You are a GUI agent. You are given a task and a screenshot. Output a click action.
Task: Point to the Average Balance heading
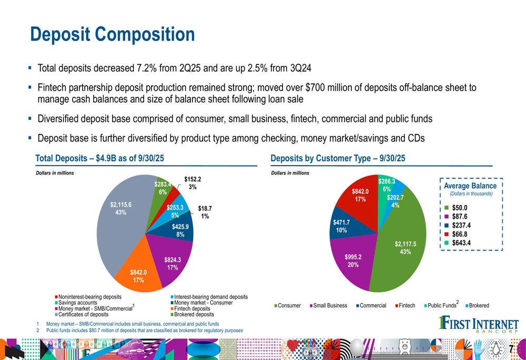point(470,186)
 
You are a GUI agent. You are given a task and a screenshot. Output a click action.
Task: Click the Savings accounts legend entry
point(77,303)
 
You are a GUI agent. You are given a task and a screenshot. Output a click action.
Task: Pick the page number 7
point(511,349)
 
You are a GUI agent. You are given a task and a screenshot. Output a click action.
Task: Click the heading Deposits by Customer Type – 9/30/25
point(338,158)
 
